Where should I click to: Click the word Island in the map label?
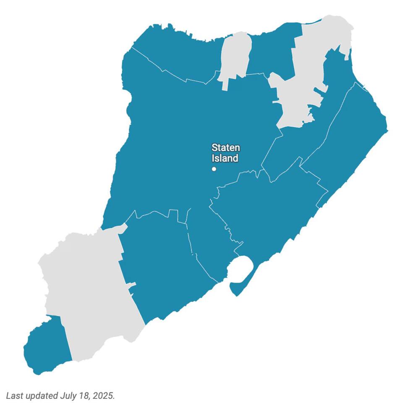(225, 158)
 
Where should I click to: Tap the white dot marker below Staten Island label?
(214, 169)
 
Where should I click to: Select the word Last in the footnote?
(15, 395)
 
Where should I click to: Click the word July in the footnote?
(67, 395)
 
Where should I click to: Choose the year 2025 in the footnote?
(103, 395)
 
